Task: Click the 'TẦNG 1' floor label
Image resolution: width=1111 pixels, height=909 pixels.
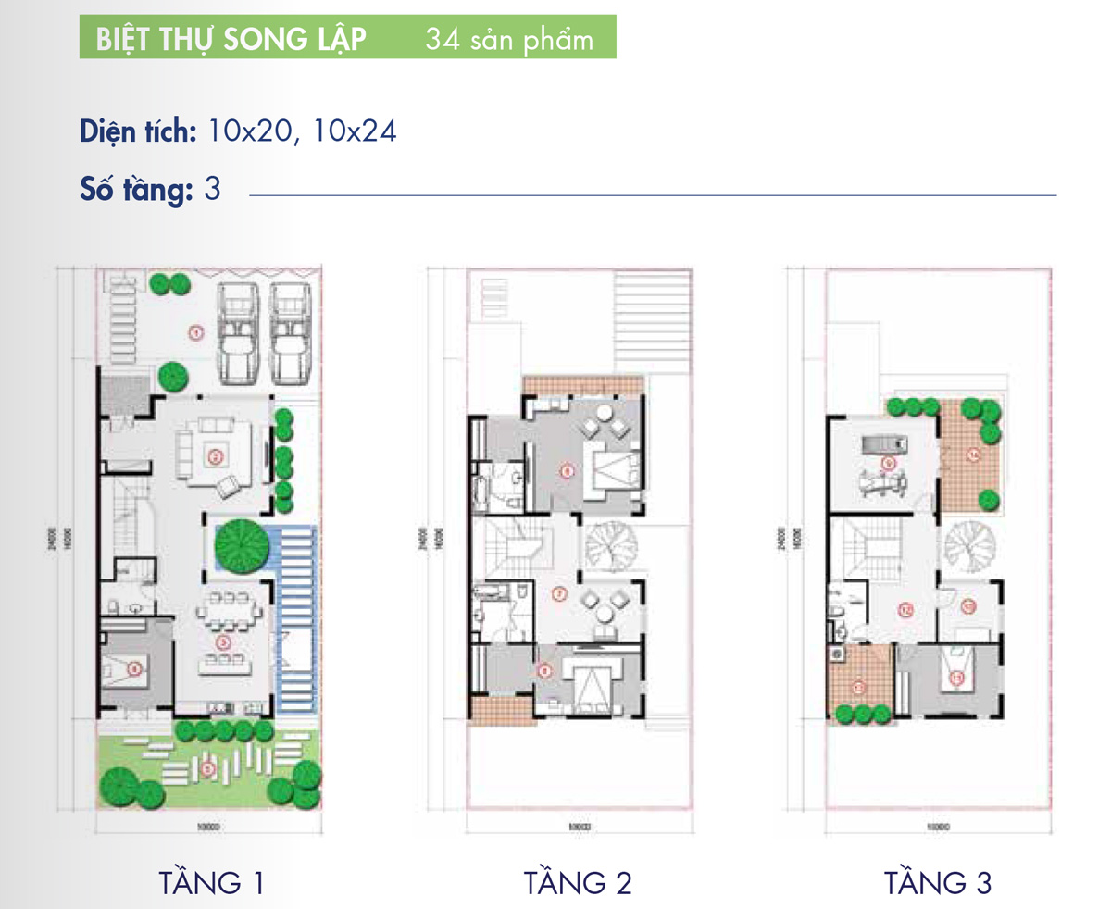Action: coord(212,881)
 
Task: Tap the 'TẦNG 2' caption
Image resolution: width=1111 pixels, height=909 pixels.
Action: coord(578,881)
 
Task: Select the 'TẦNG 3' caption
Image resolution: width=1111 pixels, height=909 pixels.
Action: coord(938,881)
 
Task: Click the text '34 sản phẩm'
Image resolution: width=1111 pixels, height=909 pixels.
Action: coord(509,41)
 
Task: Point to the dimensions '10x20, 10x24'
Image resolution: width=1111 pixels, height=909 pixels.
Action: coord(302,131)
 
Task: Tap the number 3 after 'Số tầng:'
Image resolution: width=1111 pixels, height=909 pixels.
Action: coord(211,191)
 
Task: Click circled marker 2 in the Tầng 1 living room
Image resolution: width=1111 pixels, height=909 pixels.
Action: coord(214,455)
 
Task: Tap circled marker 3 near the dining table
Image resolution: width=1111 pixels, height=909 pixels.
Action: coord(221,641)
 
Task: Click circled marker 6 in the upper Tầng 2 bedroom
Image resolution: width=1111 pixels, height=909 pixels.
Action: coord(567,469)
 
